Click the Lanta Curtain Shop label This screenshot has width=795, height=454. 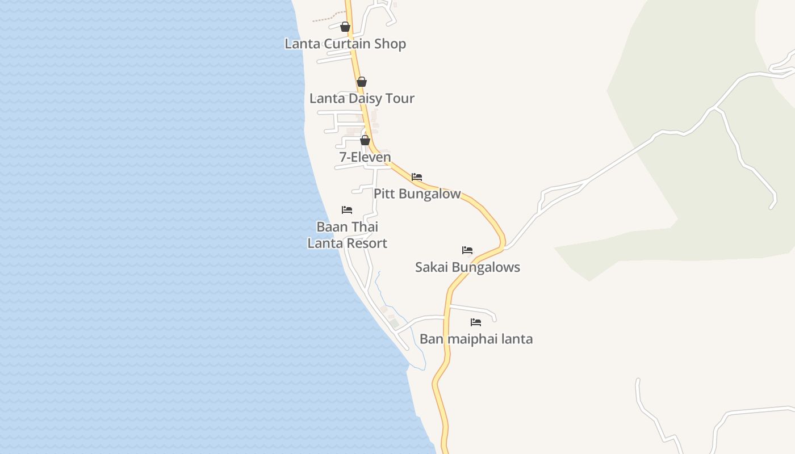[345, 44]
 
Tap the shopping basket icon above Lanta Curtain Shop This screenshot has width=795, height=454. [345, 27]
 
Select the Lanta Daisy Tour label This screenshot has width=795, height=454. [362, 98]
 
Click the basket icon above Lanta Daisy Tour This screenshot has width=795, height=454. [362, 82]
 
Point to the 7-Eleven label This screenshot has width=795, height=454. [365, 157]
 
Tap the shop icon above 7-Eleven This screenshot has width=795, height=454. [365, 140]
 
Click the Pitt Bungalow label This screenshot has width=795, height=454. [417, 194]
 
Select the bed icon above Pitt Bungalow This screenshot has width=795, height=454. [417, 177]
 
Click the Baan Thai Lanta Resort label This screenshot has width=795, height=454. [347, 235]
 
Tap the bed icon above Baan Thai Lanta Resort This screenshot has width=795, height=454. [347, 210]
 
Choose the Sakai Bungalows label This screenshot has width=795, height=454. [467, 267]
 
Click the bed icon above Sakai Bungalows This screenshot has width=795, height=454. [467, 250]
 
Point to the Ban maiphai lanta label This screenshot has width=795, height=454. [476, 339]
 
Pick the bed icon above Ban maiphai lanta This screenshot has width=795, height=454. [476, 322]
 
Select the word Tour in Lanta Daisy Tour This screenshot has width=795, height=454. [400, 98]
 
